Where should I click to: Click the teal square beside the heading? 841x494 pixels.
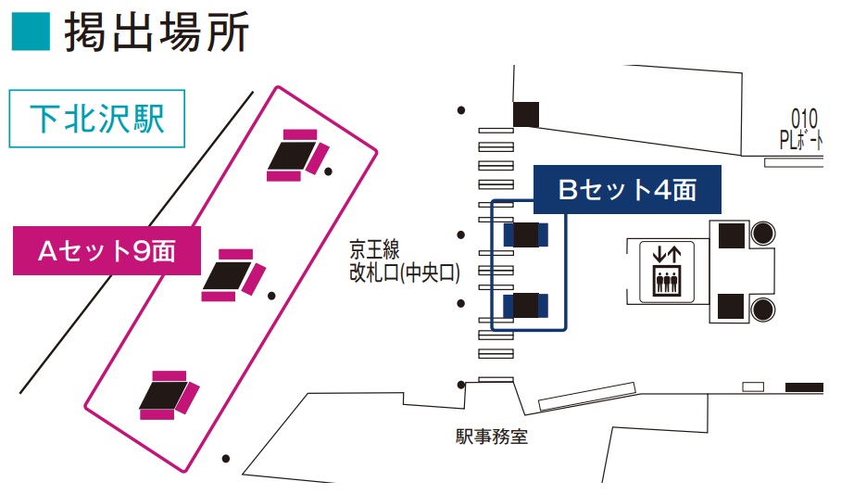click(31, 32)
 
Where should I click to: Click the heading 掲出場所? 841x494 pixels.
click(157, 32)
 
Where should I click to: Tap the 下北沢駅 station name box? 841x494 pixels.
click(97, 119)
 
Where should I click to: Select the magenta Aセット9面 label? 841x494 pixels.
click(107, 251)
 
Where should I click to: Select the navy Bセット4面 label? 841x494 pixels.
click(627, 190)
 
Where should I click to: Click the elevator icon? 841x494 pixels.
click(667, 272)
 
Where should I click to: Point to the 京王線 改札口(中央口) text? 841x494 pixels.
click(405, 261)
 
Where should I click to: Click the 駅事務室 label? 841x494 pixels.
click(491, 436)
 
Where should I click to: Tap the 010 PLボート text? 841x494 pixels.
click(801, 129)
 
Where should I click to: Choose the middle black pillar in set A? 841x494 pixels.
click(228, 275)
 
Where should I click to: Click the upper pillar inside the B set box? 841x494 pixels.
click(526, 234)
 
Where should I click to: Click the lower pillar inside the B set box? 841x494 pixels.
click(526, 305)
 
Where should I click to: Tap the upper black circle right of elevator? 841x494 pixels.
click(762, 234)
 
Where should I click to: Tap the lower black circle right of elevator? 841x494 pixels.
click(762, 310)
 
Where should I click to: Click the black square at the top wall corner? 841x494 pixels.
click(526, 114)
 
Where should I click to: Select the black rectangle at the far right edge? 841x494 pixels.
click(804, 387)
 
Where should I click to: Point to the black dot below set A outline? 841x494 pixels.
click(226, 459)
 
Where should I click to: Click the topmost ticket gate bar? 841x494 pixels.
click(496, 131)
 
